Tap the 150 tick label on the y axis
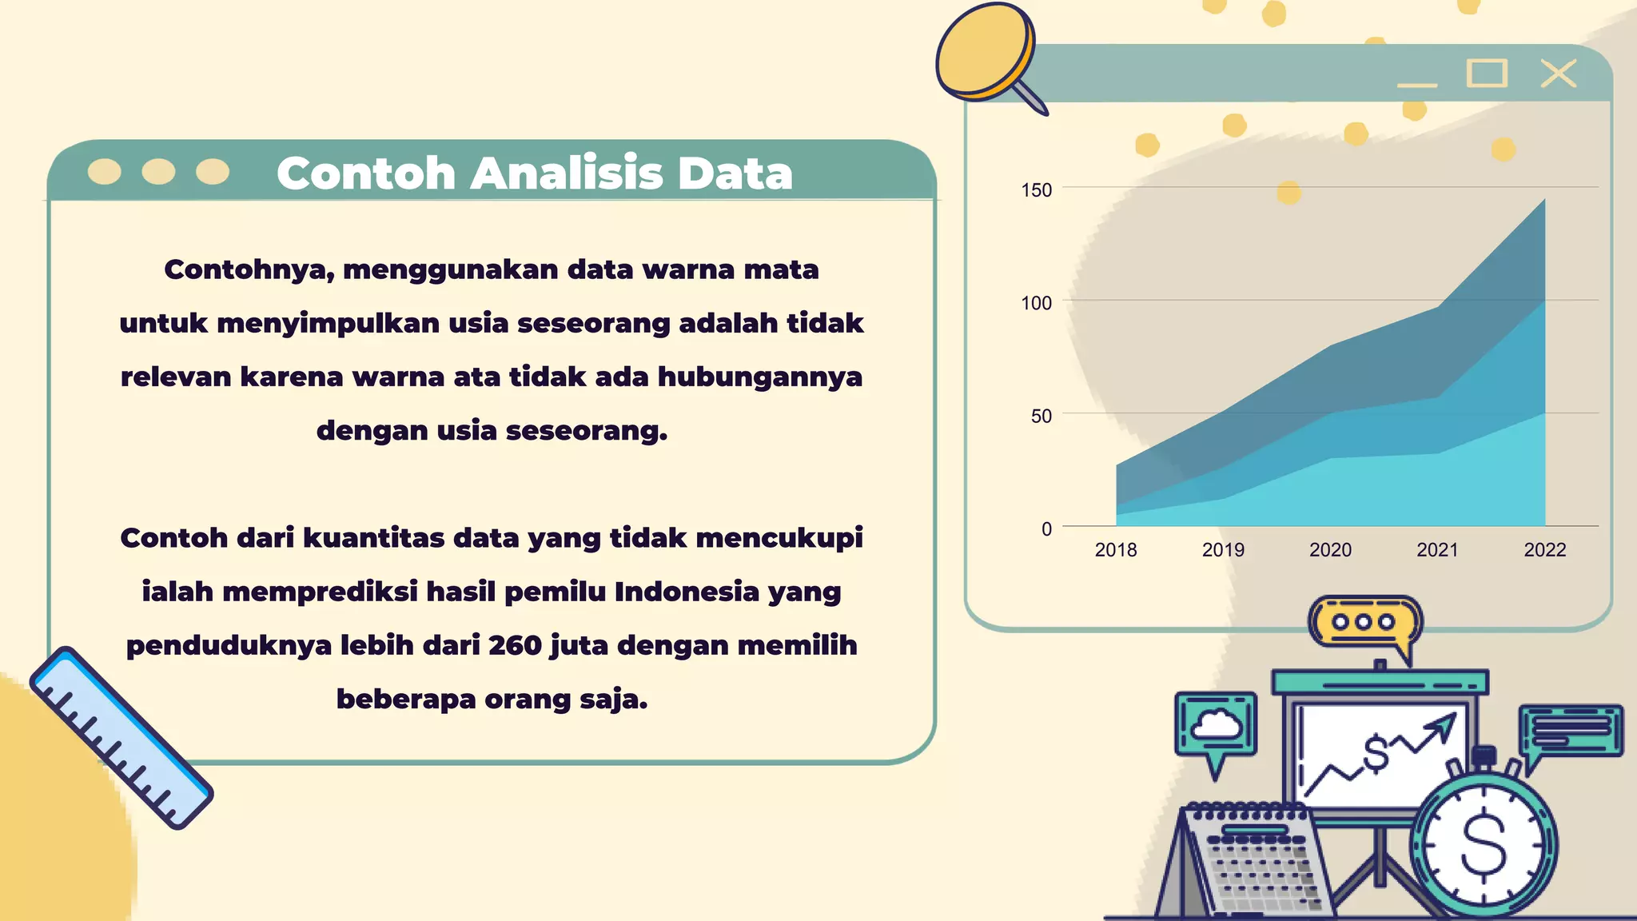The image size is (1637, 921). pos(1036,190)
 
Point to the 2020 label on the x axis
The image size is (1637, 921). pos(1330,550)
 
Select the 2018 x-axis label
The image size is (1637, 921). pos(1115,550)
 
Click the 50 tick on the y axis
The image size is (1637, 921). pos(1041,416)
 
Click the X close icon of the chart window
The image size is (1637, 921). pos(1558,74)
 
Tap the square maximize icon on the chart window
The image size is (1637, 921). pos(1487,74)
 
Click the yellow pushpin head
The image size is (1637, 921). pos(985,50)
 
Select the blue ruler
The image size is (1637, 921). pos(121,737)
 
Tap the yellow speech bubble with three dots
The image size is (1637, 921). pos(1364,623)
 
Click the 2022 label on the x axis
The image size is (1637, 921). pos(1544,550)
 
